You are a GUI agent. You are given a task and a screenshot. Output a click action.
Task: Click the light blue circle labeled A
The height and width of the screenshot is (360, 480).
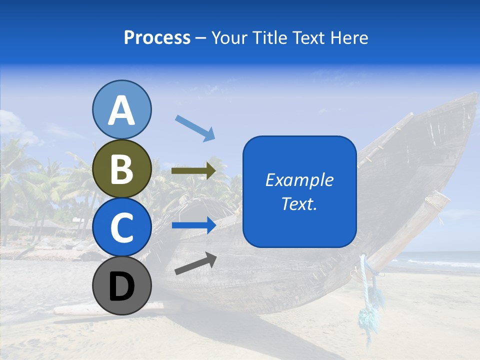click(x=121, y=109)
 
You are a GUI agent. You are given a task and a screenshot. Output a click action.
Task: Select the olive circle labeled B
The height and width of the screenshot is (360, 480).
click(x=121, y=168)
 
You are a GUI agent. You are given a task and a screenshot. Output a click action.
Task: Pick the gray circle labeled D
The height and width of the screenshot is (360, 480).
click(x=121, y=285)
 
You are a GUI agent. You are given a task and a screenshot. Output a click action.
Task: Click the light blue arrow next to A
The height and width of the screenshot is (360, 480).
click(x=195, y=128)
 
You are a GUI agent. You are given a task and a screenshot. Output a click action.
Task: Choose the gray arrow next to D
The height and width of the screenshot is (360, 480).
click(x=195, y=264)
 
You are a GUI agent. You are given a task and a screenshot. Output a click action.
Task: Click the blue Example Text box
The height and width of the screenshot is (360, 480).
click(x=299, y=191)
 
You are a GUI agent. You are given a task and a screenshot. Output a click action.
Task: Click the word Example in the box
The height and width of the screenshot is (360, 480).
click(x=299, y=180)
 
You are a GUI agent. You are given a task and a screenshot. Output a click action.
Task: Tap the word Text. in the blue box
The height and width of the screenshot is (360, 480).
click(x=299, y=203)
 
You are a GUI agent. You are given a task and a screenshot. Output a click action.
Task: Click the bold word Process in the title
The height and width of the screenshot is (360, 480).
click(x=157, y=38)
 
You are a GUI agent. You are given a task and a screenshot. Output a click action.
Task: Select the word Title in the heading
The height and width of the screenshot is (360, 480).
click(x=268, y=38)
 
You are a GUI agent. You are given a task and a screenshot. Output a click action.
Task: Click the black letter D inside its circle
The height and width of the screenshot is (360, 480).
click(x=121, y=287)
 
